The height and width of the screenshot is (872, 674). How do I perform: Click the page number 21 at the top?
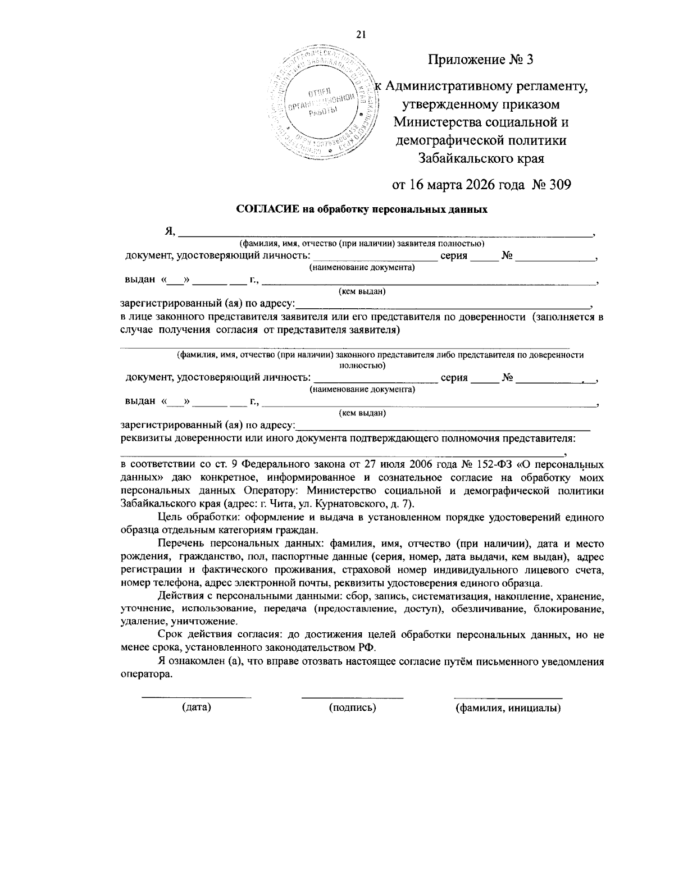361,34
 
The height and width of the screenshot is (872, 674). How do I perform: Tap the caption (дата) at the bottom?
197,707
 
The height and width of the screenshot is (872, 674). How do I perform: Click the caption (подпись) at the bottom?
352,707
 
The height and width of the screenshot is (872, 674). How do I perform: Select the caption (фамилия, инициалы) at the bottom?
508,708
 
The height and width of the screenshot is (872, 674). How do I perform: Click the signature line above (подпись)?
352,697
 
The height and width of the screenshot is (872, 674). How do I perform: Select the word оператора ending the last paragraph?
145,674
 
